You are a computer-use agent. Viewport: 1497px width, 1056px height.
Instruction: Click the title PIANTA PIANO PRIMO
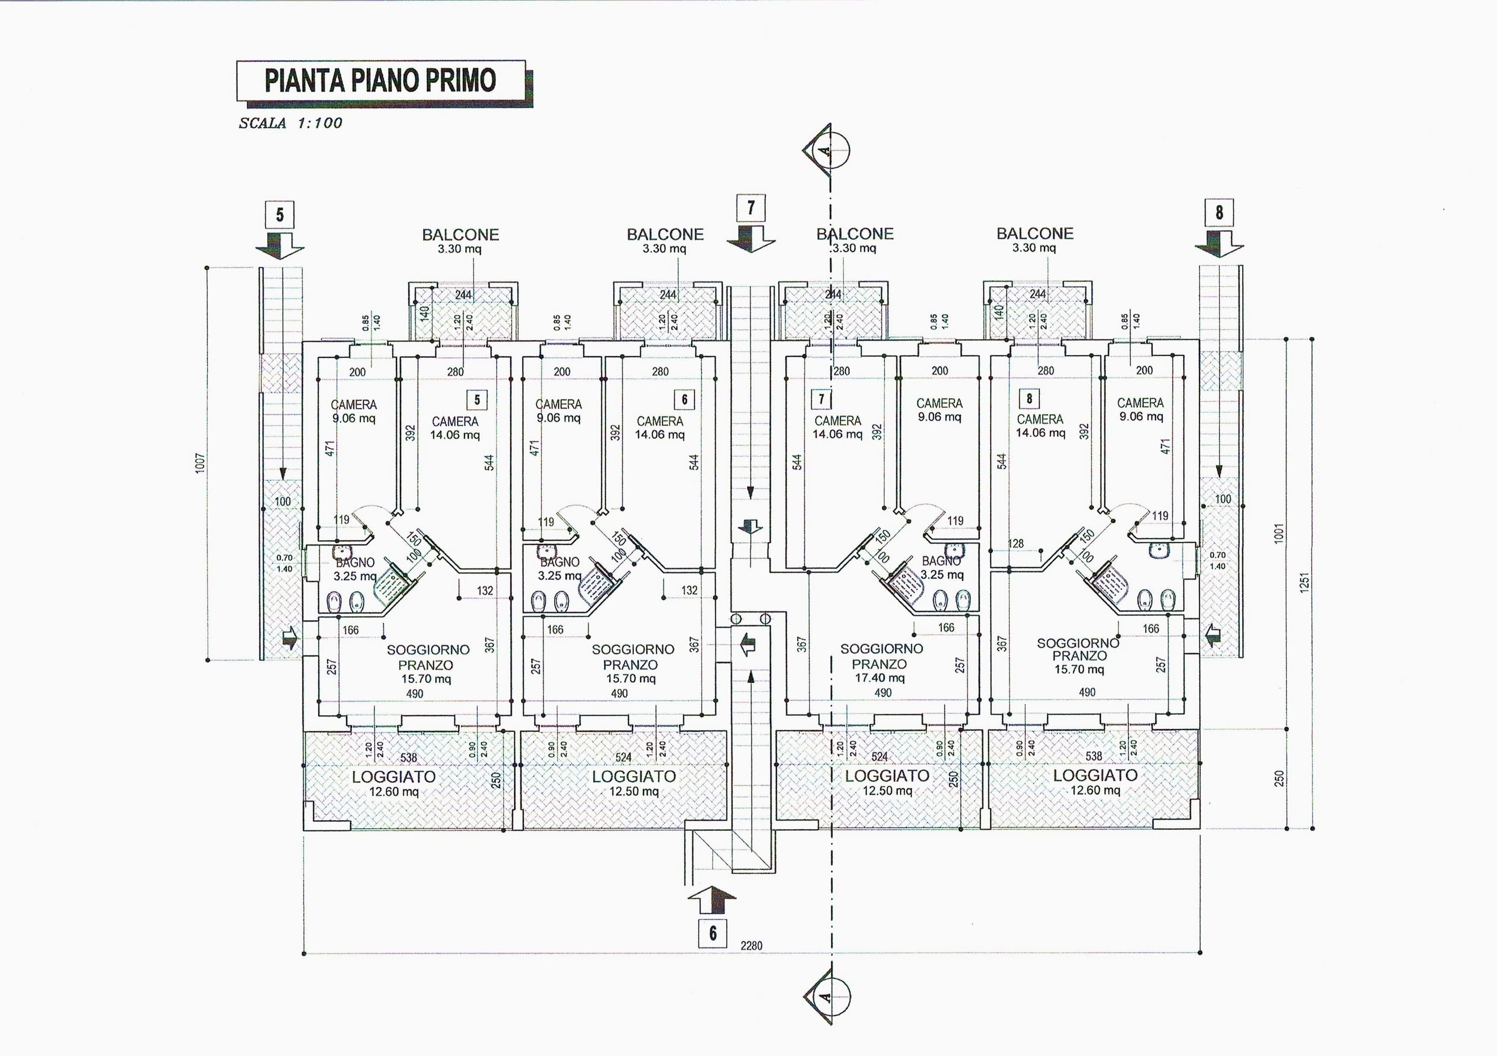coord(380,80)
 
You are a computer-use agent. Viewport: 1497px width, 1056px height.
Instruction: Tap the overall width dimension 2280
coord(751,945)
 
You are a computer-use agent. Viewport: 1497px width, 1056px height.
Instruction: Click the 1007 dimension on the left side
coord(200,463)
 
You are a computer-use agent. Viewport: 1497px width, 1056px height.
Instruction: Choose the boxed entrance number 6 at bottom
coord(713,934)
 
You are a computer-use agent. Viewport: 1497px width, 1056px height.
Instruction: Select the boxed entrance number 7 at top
coord(751,208)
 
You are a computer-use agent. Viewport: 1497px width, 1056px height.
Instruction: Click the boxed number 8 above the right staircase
coord(1219,213)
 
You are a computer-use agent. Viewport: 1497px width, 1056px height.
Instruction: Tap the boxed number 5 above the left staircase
coord(280,214)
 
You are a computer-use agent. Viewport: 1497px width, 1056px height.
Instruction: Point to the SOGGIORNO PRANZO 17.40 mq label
coord(881,663)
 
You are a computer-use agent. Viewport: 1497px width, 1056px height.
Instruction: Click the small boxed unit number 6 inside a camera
coord(684,399)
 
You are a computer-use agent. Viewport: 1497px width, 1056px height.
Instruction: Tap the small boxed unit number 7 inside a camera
coord(821,398)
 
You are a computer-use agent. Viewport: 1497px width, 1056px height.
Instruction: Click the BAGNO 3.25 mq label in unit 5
coord(354,569)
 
